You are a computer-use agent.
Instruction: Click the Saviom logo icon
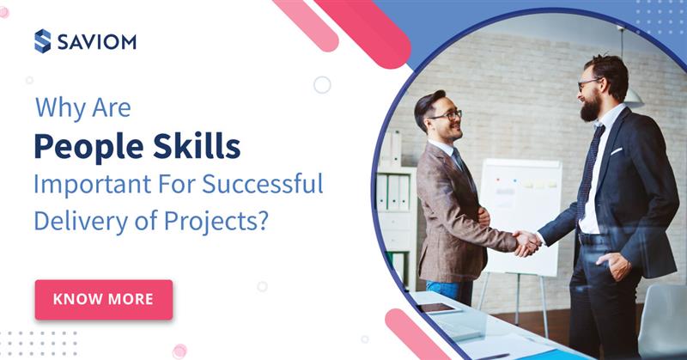click(42, 40)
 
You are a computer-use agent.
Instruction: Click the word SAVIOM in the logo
click(96, 40)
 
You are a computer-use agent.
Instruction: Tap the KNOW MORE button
click(103, 299)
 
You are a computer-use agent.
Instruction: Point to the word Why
click(54, 110)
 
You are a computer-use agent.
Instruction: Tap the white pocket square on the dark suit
click(615, 151)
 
